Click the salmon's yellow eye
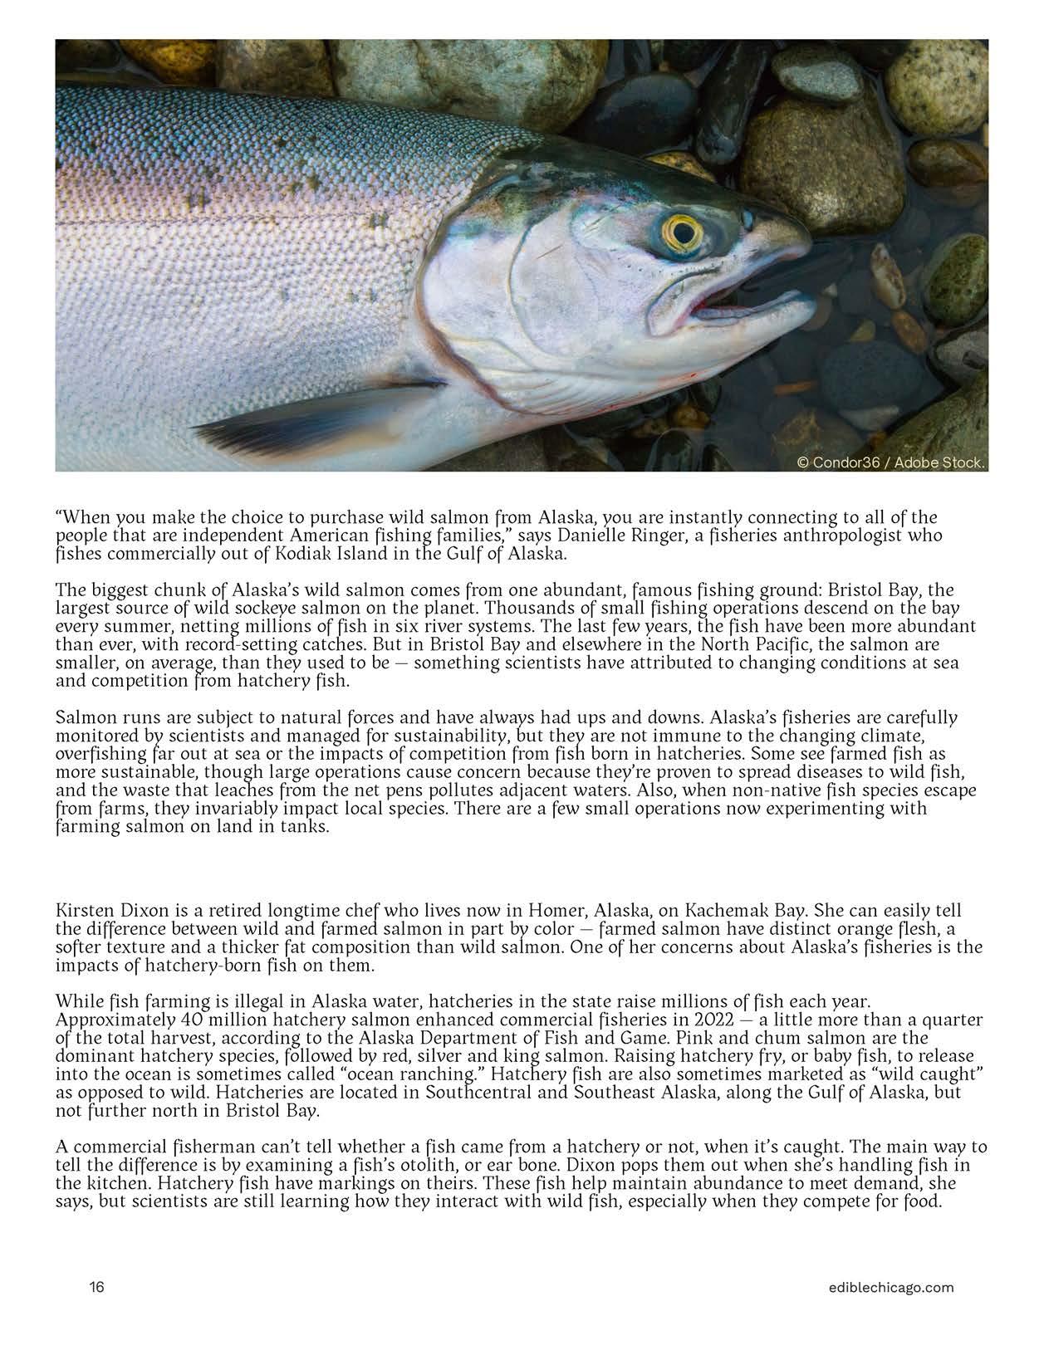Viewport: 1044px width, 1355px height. pyautogui.click(x=683, y=234)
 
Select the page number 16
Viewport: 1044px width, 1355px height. pyautogui.click(x=97, y=1288)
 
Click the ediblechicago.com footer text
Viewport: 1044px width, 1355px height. pyautogui.click(x=885, y=1288)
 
